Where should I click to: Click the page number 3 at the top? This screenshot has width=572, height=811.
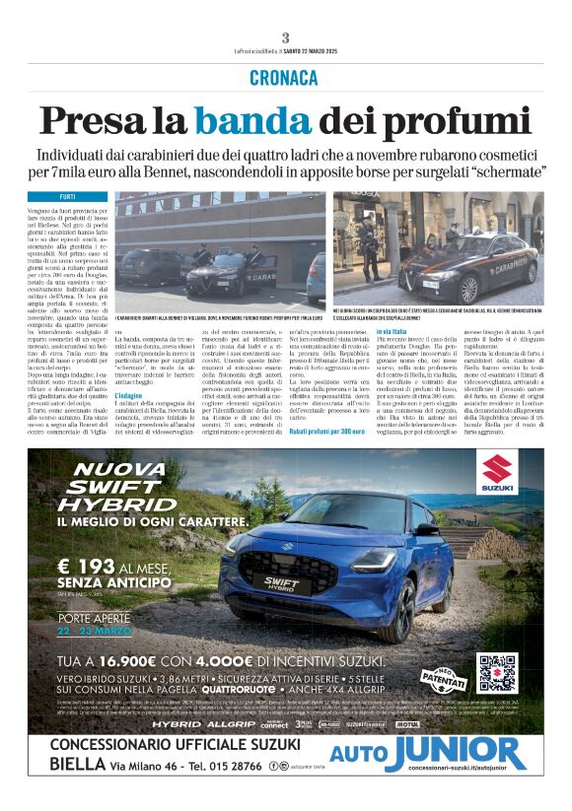285,37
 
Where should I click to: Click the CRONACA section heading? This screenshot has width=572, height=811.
285,77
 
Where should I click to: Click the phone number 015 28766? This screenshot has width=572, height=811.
236,765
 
